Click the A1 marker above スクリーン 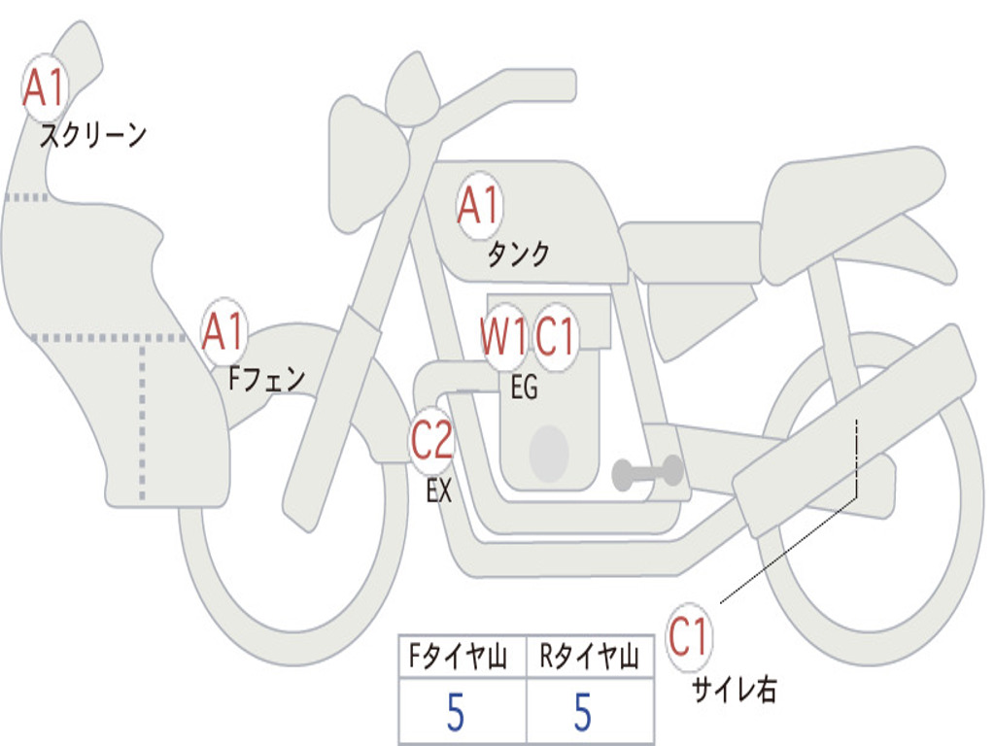(45, 87)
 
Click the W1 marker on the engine (504, 336)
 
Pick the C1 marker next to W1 (555, 336)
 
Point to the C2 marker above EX (432, 440)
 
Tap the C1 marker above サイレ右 (689, 637)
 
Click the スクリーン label (93, 135)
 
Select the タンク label (519, 254)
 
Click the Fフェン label (266, 379)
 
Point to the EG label (524, 387)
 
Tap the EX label (439, 491)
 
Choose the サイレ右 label (735, 690)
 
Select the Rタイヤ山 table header (590, 656)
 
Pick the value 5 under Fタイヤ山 (456, 712)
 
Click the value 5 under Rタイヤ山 (583, 712)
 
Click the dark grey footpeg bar (648, 472)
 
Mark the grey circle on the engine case (549, 454)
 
